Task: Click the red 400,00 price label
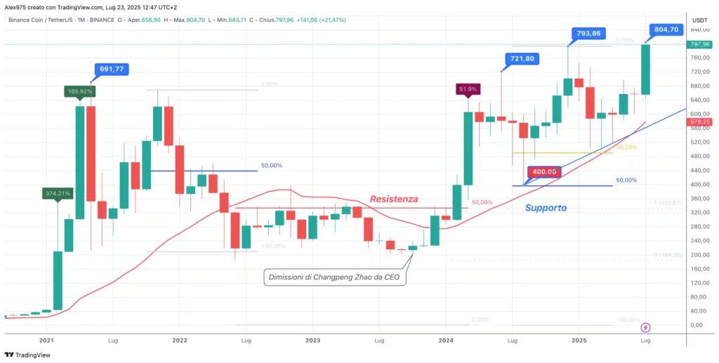[543, 172]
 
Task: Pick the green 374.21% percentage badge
[58, 193]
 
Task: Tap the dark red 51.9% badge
[468, 89]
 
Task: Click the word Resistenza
[393, 199]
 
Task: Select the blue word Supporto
[546, 208]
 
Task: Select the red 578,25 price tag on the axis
[700, 121]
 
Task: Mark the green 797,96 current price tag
[700, 45]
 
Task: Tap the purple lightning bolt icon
[646, 327]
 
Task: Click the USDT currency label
[699, 20]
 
